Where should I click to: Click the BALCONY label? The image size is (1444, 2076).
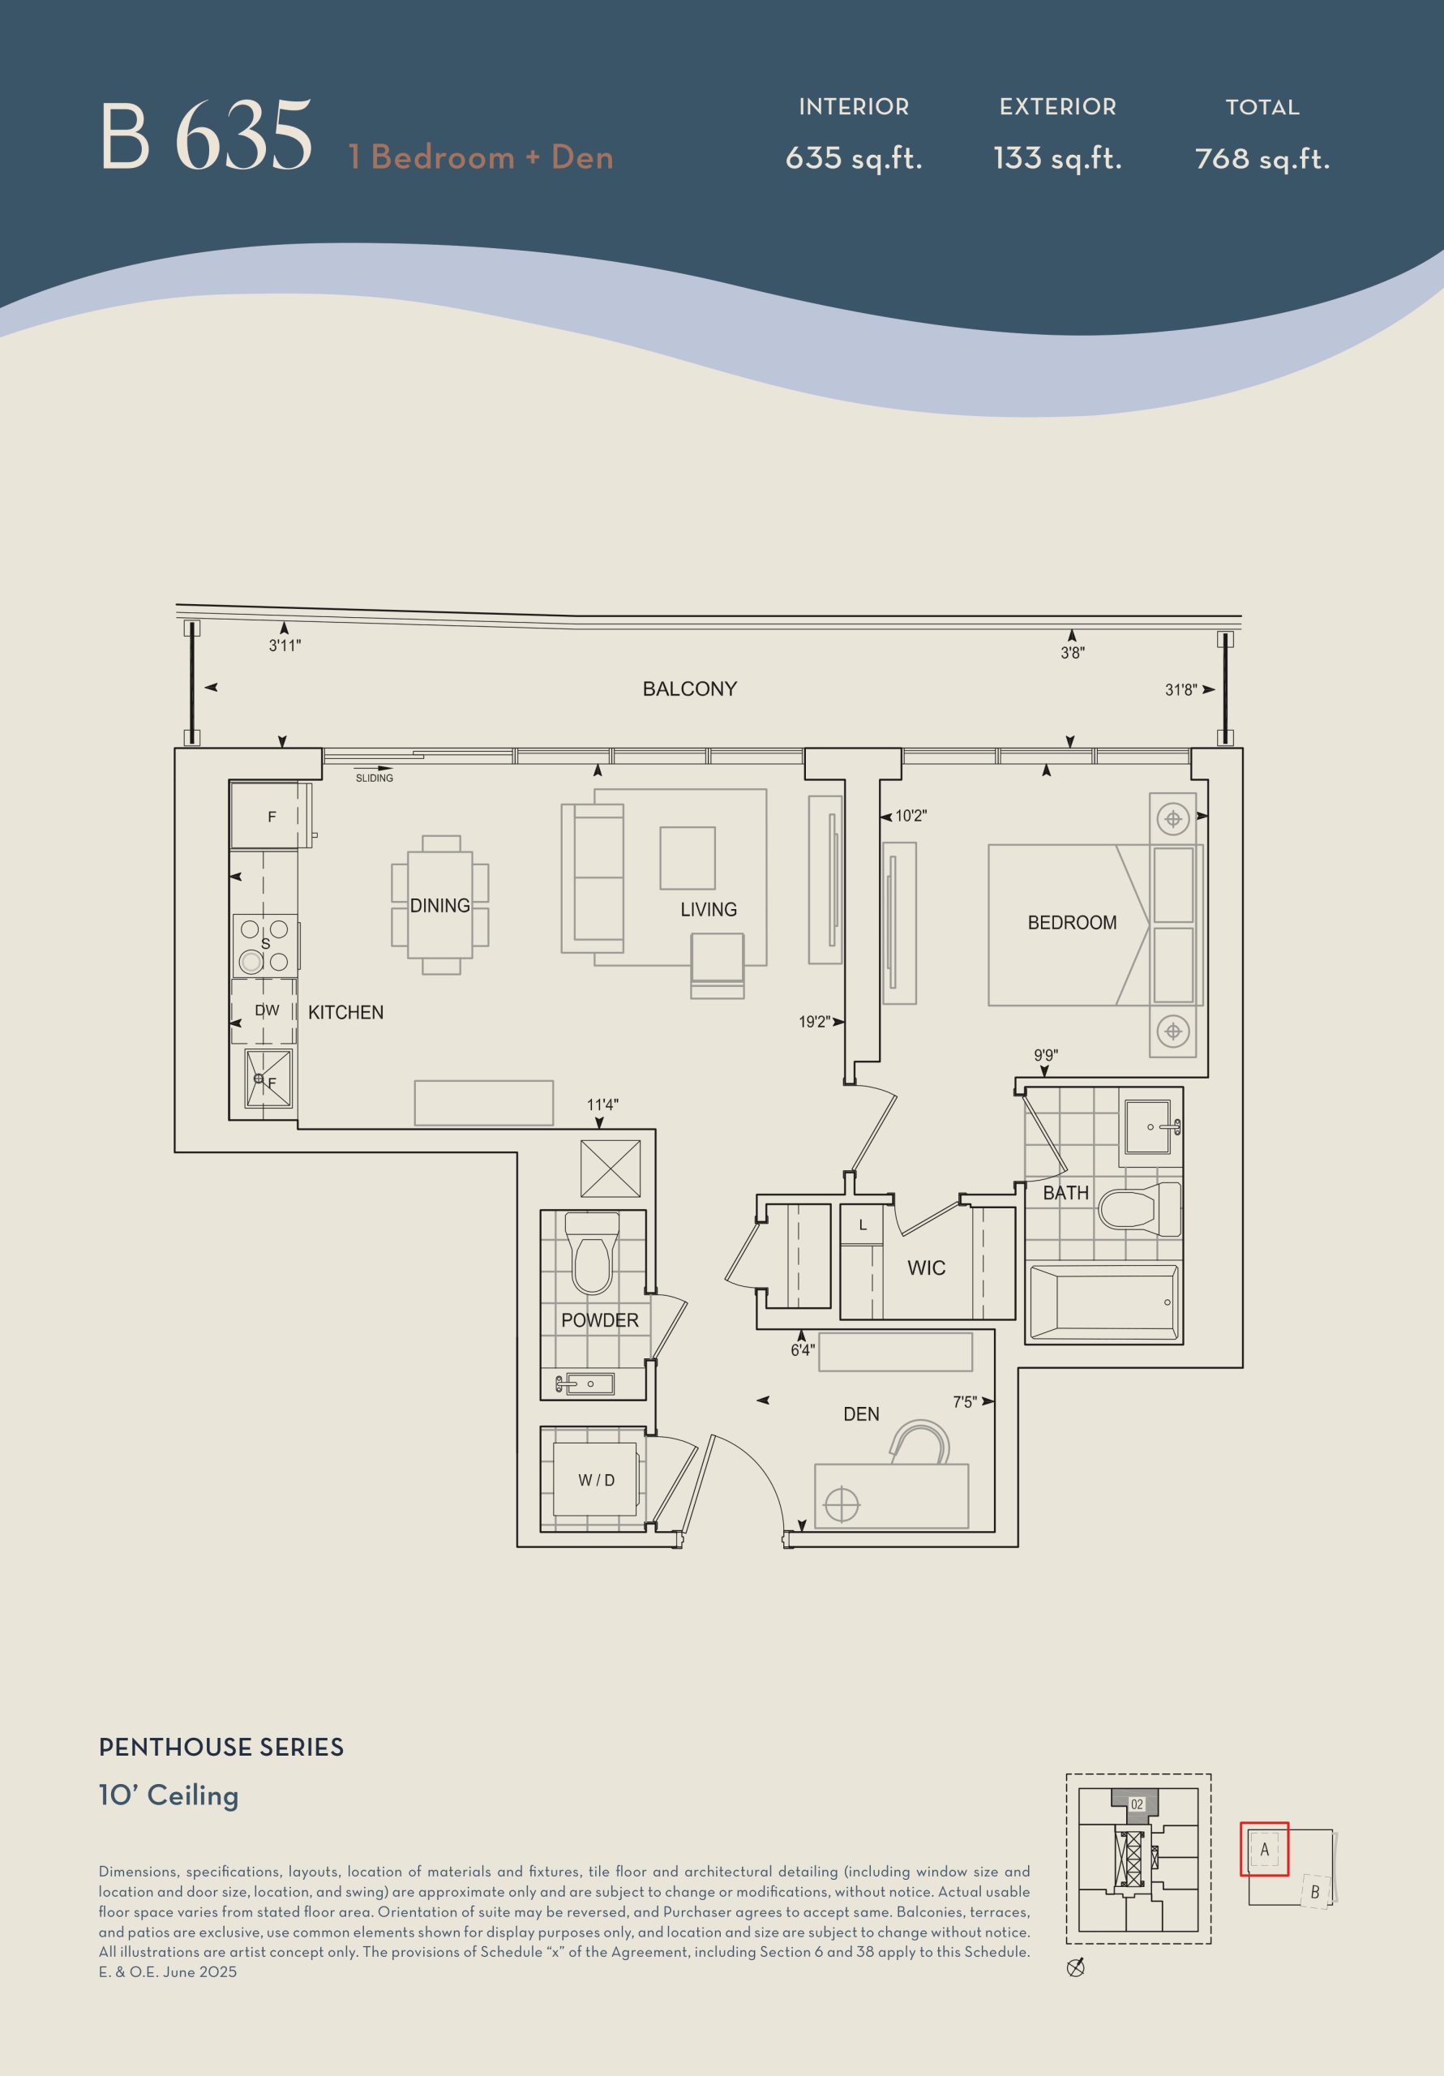[689, 689]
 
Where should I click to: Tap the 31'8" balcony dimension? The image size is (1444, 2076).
[1180, 690]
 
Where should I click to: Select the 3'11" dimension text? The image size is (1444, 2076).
[285, 646]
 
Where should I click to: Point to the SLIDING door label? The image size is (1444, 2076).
[375, 778]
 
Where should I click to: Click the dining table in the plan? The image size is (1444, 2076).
[440, 904]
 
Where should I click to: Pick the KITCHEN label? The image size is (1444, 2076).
[345, 1013]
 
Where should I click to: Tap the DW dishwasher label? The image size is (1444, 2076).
[267, 1010]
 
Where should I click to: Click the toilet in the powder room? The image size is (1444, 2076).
[592, 1253]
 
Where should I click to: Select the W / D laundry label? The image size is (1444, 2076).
[597, 1480]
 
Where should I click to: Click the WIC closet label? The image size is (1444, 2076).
[927, 1267]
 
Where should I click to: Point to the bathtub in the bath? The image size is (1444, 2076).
[1103, 1302]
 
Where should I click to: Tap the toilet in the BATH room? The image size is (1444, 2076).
[1139, 1209]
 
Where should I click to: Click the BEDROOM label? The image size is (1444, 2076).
[1073, 922]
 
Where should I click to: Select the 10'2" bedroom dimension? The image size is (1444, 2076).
[911, 816]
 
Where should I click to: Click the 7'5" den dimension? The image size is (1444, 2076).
[965, 1401]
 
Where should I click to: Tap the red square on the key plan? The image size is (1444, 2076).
[1264, 1849]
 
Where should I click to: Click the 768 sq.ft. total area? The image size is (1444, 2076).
[1262, 159]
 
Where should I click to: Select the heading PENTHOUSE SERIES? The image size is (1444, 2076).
[221, 1748]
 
